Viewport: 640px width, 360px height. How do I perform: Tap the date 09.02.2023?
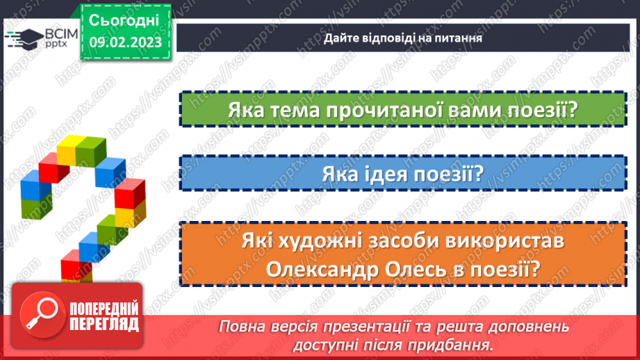124,42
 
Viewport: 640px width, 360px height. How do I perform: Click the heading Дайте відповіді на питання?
402,38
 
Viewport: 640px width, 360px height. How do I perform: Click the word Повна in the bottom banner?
242,327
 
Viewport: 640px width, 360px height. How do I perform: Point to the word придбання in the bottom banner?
457,345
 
